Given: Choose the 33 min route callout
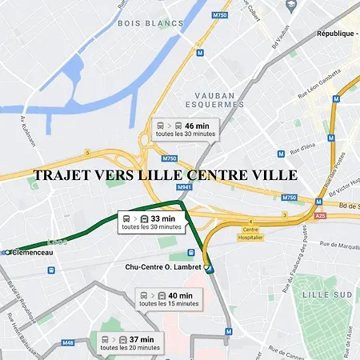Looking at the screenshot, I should coord(152,222).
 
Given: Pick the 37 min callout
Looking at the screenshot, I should coord(131,343).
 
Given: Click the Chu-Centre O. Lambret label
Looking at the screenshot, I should coord(163,266).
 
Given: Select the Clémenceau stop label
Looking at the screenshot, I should coord(30,252).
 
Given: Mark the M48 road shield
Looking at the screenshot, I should coord(67,342).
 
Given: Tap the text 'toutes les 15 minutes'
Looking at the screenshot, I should coord(169,304).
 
